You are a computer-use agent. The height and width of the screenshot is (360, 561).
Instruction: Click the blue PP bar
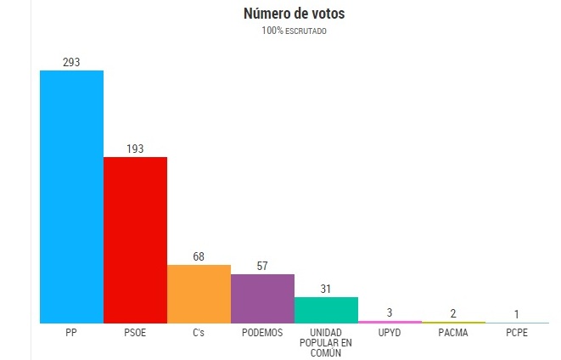(71, 196)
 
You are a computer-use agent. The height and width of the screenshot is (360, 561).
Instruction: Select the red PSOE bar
(135, 239)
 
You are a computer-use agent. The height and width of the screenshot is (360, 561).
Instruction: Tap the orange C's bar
(199, 294)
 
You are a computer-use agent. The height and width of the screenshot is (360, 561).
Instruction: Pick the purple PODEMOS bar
(262, 298)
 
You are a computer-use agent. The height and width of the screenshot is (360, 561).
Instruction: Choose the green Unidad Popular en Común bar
(326, 310)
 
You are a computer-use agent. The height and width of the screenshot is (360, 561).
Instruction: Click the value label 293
(71, 62)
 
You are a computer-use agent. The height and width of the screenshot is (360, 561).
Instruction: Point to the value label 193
(135, 149)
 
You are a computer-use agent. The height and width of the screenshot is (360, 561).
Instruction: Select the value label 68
(199, 256)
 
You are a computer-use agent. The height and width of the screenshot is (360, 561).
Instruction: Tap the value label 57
(262, 266)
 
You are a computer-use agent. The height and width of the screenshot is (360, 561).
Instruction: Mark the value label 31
(326, 289)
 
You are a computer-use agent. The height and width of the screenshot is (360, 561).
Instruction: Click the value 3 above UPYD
(390, 313)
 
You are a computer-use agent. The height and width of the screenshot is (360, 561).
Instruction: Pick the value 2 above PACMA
(453, 314)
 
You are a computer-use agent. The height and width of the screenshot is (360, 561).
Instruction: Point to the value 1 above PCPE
(517, 315)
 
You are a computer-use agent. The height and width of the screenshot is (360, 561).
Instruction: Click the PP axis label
(71, 332)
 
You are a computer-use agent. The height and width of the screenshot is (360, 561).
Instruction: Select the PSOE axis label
(135, 332)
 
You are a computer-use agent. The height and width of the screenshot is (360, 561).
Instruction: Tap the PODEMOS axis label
(262, 332)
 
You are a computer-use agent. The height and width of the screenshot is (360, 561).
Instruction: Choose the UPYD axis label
(390, 332)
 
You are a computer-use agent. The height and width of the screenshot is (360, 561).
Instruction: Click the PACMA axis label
(453, 332)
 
